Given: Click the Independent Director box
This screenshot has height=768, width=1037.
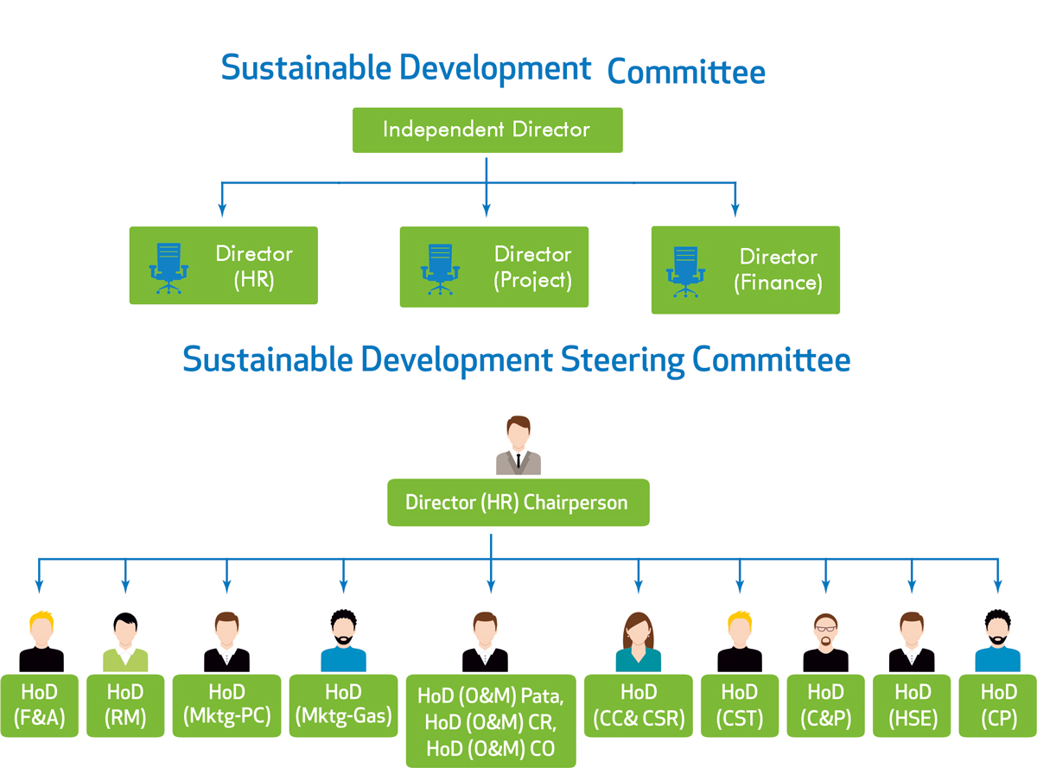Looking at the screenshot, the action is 487,130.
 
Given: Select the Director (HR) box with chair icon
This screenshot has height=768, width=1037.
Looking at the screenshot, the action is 224,265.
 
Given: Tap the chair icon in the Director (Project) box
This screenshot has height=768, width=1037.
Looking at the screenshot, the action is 440,270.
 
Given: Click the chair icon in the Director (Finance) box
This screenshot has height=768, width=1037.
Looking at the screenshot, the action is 685,272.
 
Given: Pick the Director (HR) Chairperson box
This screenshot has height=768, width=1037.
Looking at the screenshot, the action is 518,503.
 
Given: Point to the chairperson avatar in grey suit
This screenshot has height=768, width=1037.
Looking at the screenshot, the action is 518,445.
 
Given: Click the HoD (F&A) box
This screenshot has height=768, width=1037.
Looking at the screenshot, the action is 39,705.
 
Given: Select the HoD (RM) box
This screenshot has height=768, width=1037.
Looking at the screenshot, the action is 125,705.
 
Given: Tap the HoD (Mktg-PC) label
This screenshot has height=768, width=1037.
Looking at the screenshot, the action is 226,705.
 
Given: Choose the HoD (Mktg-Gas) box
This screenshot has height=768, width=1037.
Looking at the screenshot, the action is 344,705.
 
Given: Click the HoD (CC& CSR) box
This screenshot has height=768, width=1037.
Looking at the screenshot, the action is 639,705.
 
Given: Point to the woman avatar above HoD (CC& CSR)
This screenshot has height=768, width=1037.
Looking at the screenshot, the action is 639,641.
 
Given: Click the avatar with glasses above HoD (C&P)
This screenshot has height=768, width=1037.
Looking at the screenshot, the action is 825,642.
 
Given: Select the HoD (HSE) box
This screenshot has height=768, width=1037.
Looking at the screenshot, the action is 912,705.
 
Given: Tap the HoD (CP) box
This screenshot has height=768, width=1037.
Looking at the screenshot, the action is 998,705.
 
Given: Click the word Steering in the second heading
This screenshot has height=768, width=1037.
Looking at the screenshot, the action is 622,361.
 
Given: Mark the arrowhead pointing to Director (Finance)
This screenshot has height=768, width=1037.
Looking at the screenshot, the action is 735,210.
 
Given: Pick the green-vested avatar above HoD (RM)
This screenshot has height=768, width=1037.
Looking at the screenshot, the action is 125,642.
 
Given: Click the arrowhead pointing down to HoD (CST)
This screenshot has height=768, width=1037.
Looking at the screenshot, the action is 740,587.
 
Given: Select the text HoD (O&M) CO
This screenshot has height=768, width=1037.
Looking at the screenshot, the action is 491,749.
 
